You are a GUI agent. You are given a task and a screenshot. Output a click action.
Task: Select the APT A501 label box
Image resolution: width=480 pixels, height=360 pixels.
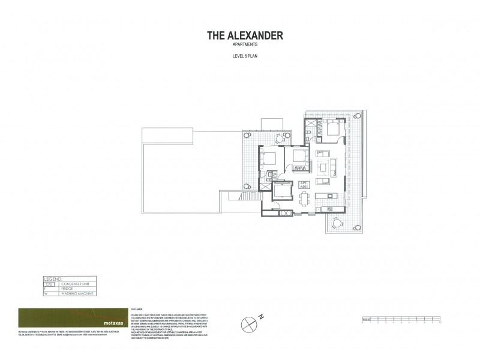tap(304, 187)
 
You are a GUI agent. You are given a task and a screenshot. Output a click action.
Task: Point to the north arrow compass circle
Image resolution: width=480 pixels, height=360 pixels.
tap(248, 323)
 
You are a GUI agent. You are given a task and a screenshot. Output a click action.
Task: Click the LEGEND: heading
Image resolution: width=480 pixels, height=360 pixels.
tap(53, 278)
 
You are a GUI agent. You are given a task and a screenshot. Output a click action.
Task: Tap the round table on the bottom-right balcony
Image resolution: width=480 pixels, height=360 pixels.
tap(335, 224)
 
